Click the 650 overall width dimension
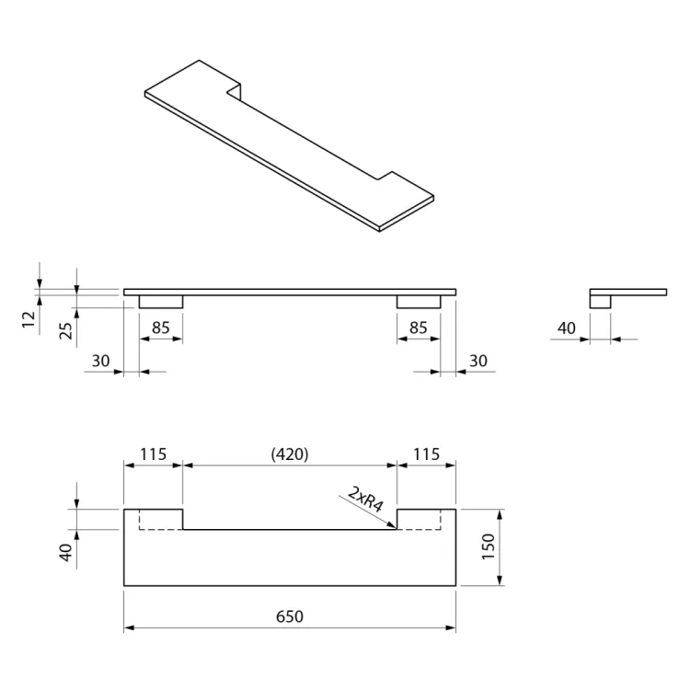pos(289,616)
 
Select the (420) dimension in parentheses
pos(289,454)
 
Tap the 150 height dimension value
pos(488,546)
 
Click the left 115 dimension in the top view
pos(153,454)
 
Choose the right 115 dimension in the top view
pos(426,454)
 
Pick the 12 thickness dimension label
pos(29,319)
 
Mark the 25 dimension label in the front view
pos(66,329)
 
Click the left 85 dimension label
pos(161,327)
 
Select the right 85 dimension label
pos(419,327)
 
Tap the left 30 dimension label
pos(100,362)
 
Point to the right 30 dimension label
pos(477,362)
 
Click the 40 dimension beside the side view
pos(567,328)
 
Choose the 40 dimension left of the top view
pos(66,552)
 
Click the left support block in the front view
pos(161,302)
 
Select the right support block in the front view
pos(419,302)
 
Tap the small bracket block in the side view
pos(600,301)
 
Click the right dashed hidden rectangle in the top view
pos(427,520)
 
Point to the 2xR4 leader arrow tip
pos(396,528)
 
